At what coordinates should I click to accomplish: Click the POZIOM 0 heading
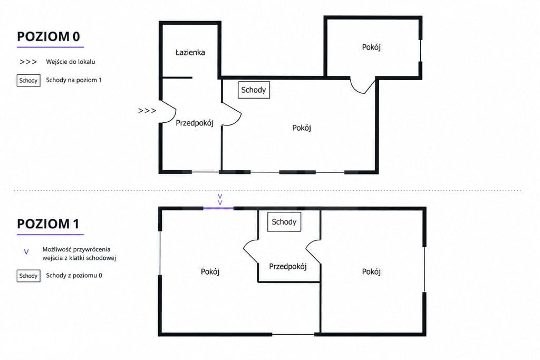[48, 36]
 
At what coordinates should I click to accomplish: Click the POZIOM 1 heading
[48, 224]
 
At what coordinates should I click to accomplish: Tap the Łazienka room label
[190, 52]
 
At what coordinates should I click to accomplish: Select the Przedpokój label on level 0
[195, 123]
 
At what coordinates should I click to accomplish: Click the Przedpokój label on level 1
[288, 266]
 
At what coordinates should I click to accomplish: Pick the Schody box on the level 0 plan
[254, 90]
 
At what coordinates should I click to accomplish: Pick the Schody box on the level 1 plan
[284, 222]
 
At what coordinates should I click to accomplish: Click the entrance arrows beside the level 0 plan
[147, 111]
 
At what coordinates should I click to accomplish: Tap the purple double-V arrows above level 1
[220, 200]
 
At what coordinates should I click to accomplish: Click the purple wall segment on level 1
[218, 208]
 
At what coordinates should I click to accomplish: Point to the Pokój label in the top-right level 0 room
[371, 47]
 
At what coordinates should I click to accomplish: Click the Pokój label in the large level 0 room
[302, 128]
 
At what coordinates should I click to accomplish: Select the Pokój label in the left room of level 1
[210, 272]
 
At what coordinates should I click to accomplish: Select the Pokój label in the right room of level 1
[371, 272]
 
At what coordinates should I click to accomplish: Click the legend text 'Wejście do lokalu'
[71, 62]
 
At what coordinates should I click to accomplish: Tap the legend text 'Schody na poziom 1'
[74, 80]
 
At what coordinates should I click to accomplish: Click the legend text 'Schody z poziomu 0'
[74, 275]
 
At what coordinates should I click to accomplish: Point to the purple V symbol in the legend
[26, 252]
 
